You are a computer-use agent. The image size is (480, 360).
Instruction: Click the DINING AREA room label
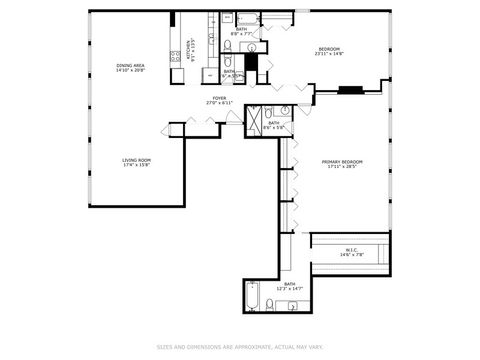pos(131,65)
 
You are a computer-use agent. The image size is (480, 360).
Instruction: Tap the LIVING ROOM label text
pos(136,159)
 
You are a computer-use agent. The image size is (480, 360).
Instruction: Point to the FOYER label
pos(218,97)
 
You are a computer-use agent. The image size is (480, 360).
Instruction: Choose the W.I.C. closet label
pos(352,250)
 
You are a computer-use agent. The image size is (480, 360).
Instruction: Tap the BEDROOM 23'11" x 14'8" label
pos(330,49)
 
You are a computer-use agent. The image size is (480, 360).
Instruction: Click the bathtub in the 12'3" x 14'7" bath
pos(252,297)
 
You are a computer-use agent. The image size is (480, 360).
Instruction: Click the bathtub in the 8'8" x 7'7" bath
pos(246,18)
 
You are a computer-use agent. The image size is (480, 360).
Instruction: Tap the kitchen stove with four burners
pos(176,56)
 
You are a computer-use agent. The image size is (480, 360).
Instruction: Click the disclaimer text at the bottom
pos(240,347)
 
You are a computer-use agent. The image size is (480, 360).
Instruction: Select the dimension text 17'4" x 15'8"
pos(136,165)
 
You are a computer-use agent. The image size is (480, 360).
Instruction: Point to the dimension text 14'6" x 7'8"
pos(352,256)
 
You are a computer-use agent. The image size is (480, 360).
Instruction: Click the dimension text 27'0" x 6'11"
pos(218,103)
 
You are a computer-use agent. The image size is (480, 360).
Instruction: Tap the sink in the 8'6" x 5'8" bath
pos(284,110)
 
